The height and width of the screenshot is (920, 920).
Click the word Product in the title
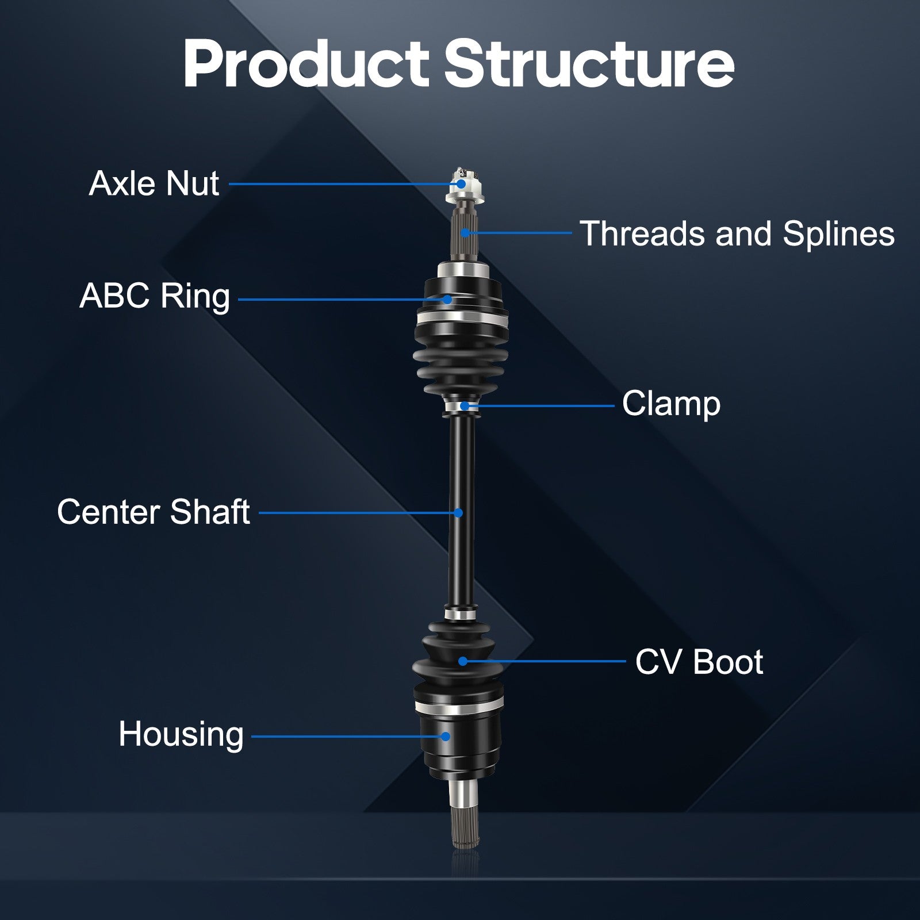click(x=306, y=63)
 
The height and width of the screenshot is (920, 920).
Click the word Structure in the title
click(x=589, y=63)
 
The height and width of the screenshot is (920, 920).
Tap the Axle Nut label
click(x=154, y=184)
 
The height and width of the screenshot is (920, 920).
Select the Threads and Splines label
click(x=737, y=234)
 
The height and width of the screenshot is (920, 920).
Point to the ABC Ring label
click(x=155, y=297)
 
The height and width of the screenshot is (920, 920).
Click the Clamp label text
click(x=671, y=404)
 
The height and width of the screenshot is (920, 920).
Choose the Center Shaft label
click(x=154, y=512)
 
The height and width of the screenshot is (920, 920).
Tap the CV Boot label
click(x=699, y=662)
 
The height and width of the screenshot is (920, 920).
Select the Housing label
click(x=181, y=735)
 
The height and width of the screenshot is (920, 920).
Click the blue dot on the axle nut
click(x=461, y=184)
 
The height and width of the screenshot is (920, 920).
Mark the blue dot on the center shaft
click(x=458, y=512)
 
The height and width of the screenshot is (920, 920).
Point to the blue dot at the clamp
click(x=463, y=406)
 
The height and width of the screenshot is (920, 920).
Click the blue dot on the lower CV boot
click(x=462, y=661)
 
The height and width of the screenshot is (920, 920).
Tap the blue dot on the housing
click(x=446, y=736)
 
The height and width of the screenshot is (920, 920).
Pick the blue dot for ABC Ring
click(x=447, y=299)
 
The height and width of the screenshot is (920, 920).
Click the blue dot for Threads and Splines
click(x=465, y=233)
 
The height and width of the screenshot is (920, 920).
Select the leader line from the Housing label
click(x=348, y=736)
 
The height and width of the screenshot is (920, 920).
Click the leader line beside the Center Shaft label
click(x=359, y=512)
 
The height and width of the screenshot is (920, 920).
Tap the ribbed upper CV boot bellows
click(x=461, y=362)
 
